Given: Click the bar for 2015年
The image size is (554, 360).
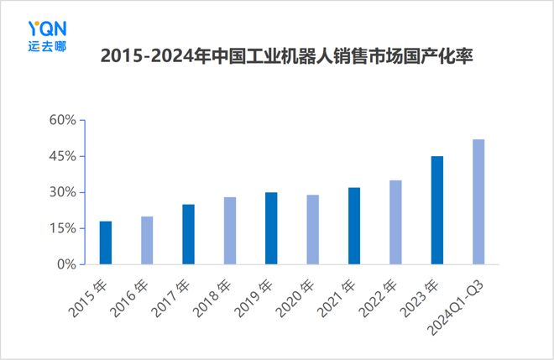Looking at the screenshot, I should tap(105, 243).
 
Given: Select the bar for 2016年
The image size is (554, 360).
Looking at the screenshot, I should tap(147, 240).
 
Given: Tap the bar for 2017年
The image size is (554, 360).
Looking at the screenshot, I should tap(188, 234).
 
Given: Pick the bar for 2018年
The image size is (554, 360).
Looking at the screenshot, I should tap(229, 231).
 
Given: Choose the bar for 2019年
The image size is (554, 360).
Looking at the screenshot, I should tap(271, 228).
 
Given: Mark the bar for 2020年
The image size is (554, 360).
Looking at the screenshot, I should tap(312, 229).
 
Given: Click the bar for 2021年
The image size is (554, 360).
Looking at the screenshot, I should tap(354, 226).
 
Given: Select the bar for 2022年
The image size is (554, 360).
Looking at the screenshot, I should tap(395, 222).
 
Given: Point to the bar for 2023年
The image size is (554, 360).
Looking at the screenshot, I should tap(437, 210).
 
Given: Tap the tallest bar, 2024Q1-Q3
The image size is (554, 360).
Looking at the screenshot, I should tap(478, 201).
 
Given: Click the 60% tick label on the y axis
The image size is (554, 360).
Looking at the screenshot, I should tap(62, 121).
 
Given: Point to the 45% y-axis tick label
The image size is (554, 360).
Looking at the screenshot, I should tap(62, 157).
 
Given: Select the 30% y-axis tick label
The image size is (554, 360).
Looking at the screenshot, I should tap(62, 192).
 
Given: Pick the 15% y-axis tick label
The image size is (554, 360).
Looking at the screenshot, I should tap(62, 228).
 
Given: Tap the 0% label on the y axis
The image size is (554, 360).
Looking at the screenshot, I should tap(66, 264).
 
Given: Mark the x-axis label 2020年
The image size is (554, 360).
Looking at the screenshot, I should tap(300, 294).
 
